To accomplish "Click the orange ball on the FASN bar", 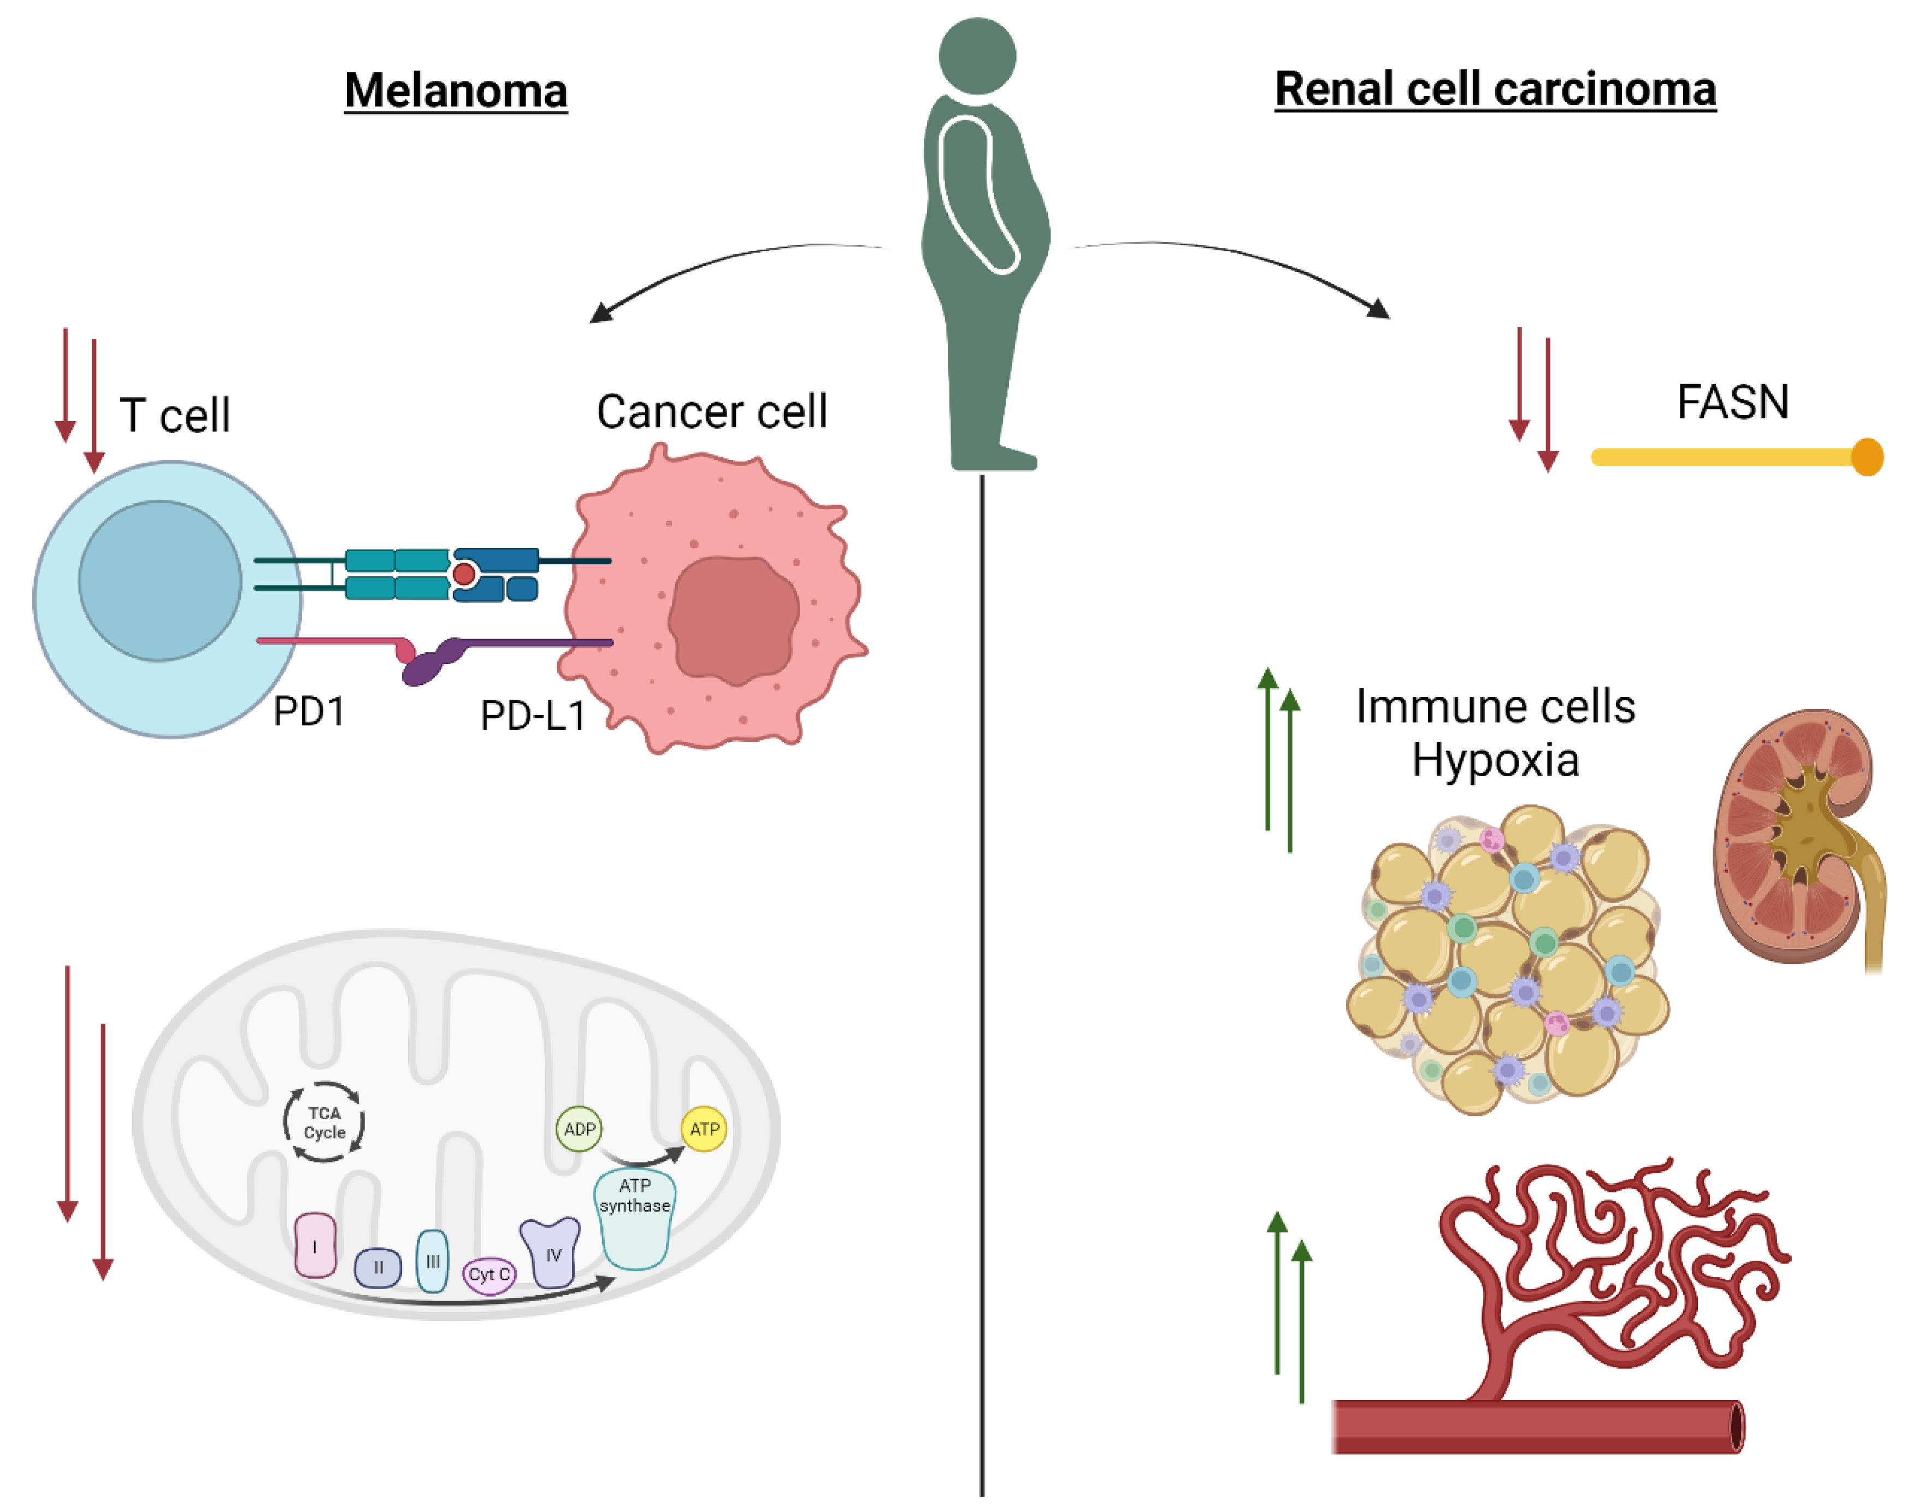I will [1866, 457].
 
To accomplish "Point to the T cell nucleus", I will [160, 581].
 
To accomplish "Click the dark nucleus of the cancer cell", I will [733, 619].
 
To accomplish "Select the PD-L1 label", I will [533, 715].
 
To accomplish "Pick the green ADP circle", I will [579, 1129].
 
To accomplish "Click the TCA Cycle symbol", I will [324, 1123].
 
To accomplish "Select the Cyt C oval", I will [488, 1275].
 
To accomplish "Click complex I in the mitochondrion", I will [315, 1245].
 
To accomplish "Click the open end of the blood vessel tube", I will [1737, 1427].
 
